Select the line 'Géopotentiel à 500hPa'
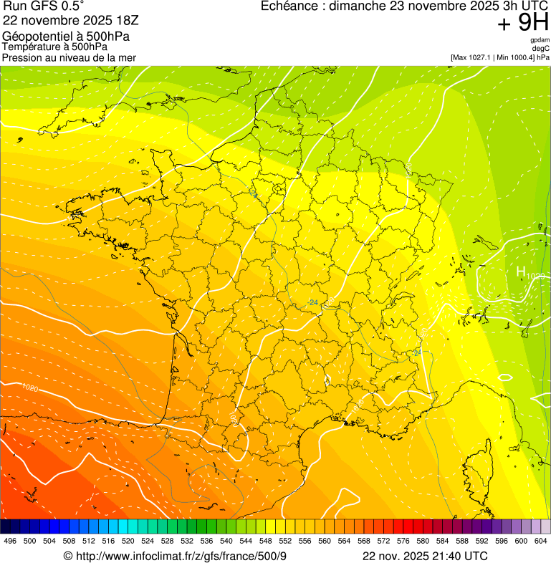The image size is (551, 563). pyautogui.click(x=66, y=37)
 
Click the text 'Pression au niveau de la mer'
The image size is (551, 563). pyautogui.click(x=69, y=57)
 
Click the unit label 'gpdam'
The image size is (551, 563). pyautogui.click(x=540, y=41)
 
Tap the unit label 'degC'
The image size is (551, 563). pyautogui.click(x=541, y=49)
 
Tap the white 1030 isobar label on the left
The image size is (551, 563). pyautogui.click(x=30, y=388)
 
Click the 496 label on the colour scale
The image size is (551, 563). pyautogui.click(x=10, y=541)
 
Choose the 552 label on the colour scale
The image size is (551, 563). pyautogui.click(x=284, y=541)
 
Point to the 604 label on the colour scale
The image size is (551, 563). pyautogui.click(x=540, y=541)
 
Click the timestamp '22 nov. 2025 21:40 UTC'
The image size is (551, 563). pyautogui.click(x=425, y=557)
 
